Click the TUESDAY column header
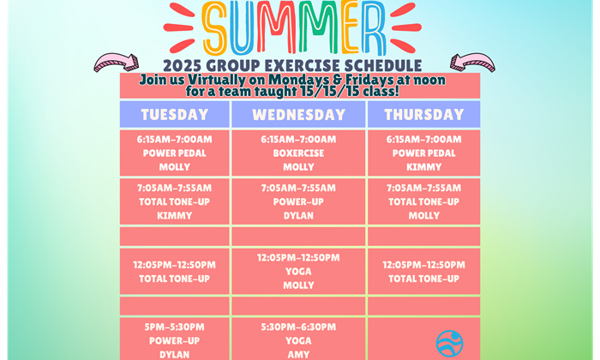(175, 114)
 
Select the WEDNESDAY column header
(298, 114)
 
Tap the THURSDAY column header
(424, 114)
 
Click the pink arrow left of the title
(117, 63)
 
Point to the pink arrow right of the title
(472, 63)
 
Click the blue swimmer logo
(450, 343)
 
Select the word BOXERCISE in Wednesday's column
(298, 153)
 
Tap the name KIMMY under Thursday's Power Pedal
(424, 167)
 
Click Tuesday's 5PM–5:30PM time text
(175, 327)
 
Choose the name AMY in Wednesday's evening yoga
(298, 354)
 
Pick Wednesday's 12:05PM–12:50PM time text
(298, 257)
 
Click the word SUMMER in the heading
(293, 27)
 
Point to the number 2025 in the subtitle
(183, 65)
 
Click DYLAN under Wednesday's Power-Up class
(298, 215)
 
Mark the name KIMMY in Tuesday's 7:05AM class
(175, 215)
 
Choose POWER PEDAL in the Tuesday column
(175, 153)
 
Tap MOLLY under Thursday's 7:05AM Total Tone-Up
(424, 215)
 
